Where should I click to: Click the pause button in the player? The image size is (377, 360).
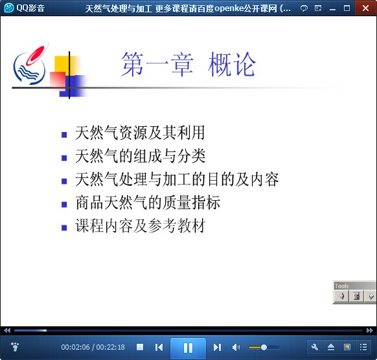(188, 348)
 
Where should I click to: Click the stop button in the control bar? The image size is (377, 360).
(140, 347)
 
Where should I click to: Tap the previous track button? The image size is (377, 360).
(159, 347)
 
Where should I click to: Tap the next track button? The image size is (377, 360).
(217, 347)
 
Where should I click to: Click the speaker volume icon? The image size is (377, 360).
(236, 347)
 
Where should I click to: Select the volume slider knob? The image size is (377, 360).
(264, 347)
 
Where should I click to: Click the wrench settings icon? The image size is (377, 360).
(315, 347)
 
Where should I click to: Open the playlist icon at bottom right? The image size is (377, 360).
(363, 347)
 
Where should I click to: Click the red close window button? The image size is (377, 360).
(366, 8)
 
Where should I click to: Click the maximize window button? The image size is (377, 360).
(347, 8)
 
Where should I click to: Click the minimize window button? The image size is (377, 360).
(332, 9)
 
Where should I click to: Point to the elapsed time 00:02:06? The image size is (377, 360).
(75, 347)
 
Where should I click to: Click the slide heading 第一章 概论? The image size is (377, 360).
(188, 64)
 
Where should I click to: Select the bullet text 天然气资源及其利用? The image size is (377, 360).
(140, 133)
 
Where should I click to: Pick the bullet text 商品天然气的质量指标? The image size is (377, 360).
(148, 203)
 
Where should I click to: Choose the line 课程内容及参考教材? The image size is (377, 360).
(140, 226)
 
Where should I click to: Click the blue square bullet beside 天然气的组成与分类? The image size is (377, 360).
(64, 158)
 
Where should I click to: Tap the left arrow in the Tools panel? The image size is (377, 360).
(341, 297)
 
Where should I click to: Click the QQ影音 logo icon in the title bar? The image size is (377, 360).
(9, 8)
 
